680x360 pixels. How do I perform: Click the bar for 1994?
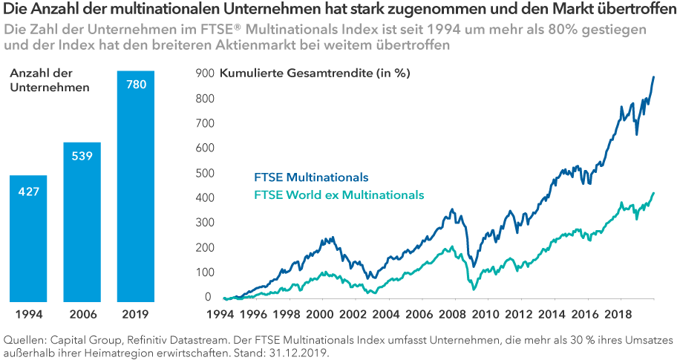pyautogui.click(x=28, y=238)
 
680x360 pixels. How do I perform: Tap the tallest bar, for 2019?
pyautogui.click(x=135, y=186)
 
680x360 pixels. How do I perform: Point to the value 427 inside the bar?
pyautogui.click(x=28, y=192)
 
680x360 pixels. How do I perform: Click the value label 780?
pyautogui.click(x=136, y=85)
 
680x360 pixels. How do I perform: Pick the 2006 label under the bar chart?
pyautogui.click(x=82, y=313)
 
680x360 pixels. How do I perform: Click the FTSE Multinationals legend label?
pyautogui.click(x=311, y=177)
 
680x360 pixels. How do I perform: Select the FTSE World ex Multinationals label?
pyautogui.click(x=339, y=194)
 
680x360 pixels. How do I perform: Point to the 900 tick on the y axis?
pyautogui.click(x=203, y=73)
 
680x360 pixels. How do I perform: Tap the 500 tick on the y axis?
pyautogui.click(x=203, y=173)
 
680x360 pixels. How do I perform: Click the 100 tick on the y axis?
pyautogui.click(x=203, y=272)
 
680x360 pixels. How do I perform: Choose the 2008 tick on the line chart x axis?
pyautogui.click(x=454, y=313)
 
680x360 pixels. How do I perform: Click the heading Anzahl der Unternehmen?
pyautogui.click(x=49, y=80)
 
